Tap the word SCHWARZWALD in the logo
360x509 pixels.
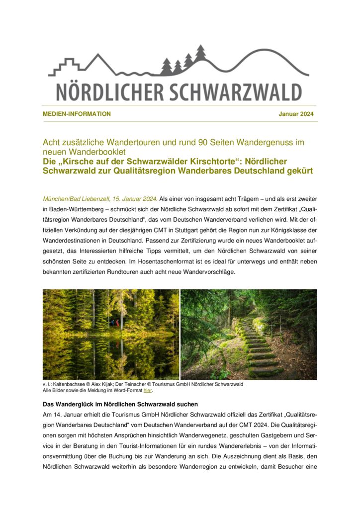click(x=234, y=92)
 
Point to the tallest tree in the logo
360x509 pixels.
click(x=200, y=53)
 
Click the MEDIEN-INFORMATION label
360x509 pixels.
click(x=77, y=114)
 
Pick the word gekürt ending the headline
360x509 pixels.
click(x=298, y=171)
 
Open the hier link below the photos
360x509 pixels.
click(x=147, y=391)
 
